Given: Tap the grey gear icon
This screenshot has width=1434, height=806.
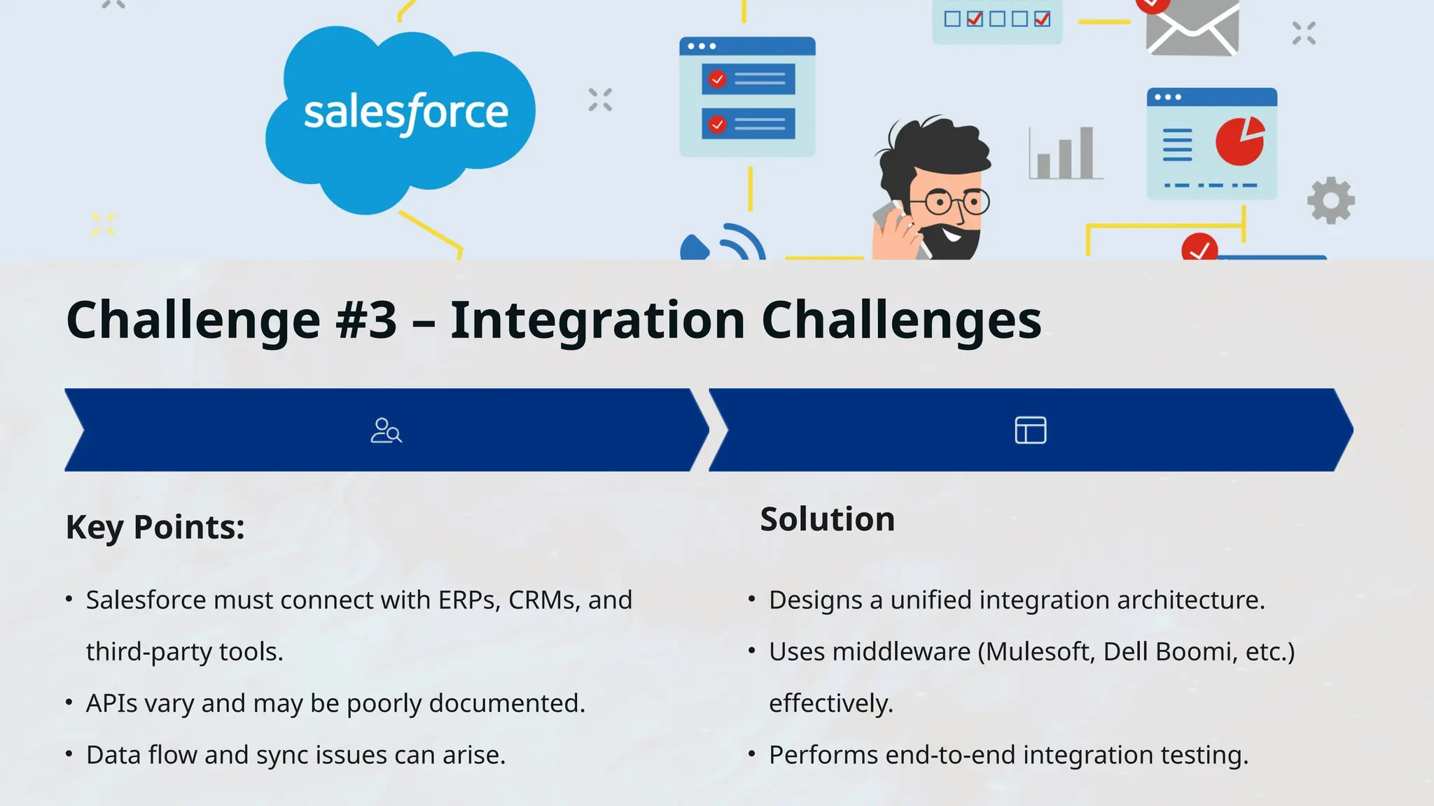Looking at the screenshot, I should [1331, 201].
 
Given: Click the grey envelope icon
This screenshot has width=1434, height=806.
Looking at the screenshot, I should [1192, 28].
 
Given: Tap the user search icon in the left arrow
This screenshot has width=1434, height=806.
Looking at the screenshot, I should [386, 430].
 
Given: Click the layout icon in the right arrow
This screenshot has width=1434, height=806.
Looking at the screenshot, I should [1031, 430].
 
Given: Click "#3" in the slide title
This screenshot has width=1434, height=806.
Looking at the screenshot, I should [366, 320].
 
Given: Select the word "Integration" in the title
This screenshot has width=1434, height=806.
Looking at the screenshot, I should [597, 320].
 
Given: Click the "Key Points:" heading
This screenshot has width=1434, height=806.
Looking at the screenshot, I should [155, 527].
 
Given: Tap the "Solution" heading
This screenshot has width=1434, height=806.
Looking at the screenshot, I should [827, 519].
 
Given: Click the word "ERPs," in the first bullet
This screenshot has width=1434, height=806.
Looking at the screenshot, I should [469, 600].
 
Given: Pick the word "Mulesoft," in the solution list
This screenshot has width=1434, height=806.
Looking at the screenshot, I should [1040, 652].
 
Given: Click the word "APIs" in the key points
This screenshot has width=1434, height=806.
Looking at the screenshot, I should [111, 704].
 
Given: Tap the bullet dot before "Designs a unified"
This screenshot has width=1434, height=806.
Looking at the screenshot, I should [751, 600].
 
